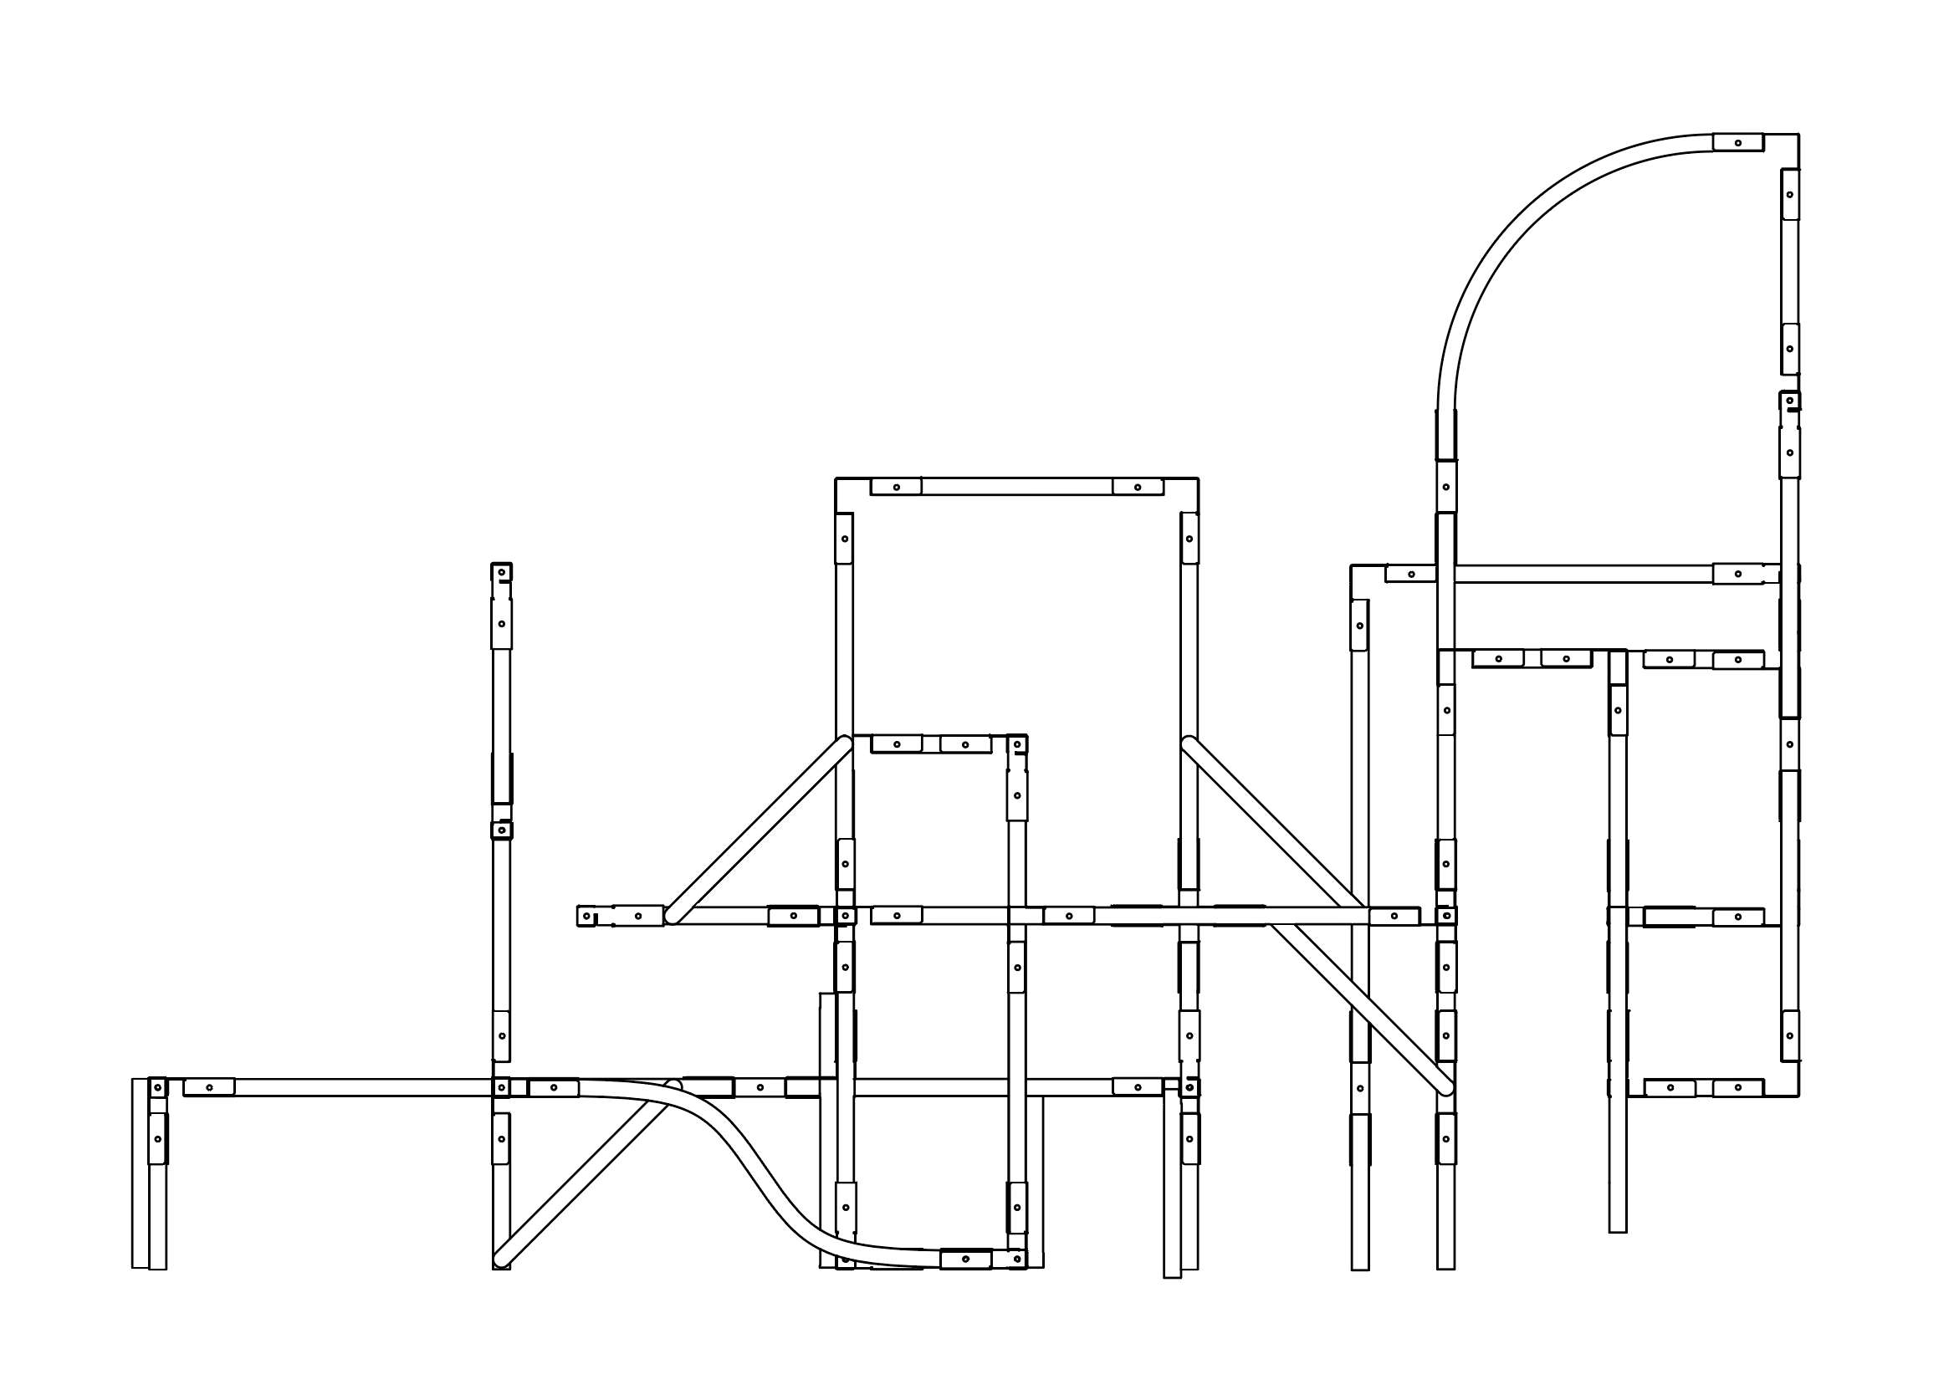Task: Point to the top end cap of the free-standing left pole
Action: click(502, 572)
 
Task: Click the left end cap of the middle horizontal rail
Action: click(586, 916)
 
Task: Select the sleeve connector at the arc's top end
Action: click(1737, 142)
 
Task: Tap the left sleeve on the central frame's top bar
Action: click(896, 487)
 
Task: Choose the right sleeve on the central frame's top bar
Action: click(1138, 487)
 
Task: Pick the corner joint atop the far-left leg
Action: click(157, 1087)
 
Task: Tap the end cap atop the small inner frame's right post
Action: click(1017, 743)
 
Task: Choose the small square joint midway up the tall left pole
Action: click(502, 830)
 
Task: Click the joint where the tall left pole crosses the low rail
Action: click(502, 1087)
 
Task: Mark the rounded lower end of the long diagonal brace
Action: click(1445, 1089)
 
